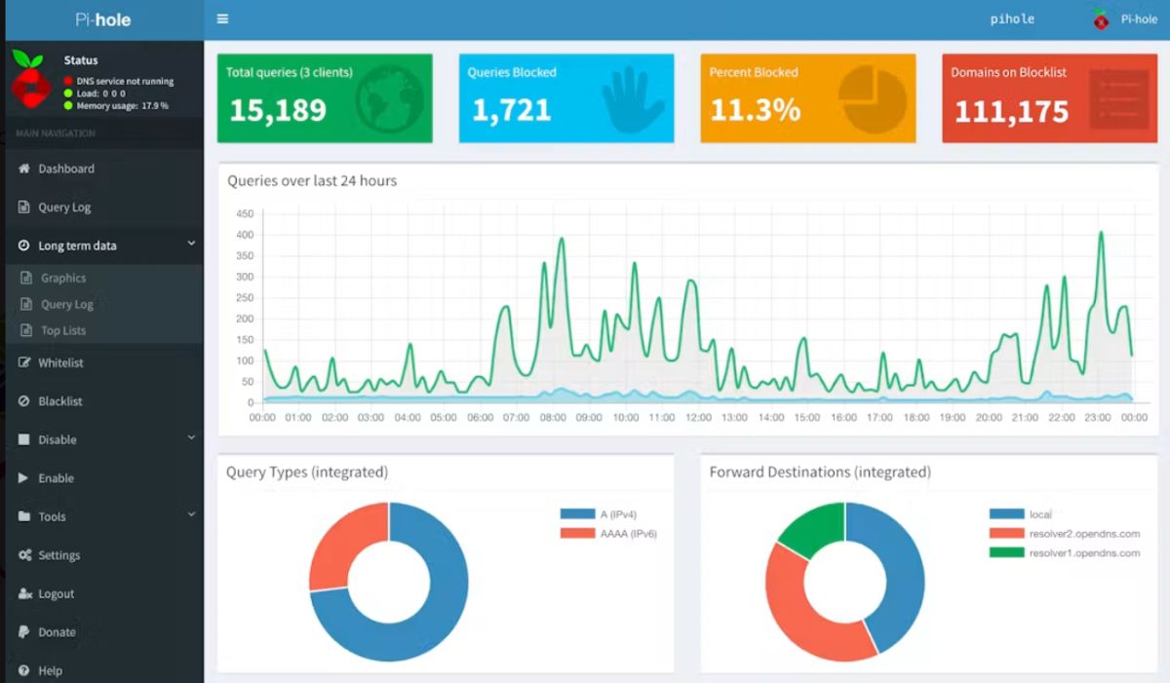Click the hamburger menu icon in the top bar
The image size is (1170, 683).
click(x=222, y=19)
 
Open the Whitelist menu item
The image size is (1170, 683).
click(x=60, y=362)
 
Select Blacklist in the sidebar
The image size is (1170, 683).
click(x=60, y=401)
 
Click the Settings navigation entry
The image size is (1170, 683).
click(x=59, y=555)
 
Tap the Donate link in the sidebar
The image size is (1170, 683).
click(x=57, y=632)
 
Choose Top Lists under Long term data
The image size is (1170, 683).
click(x=63, y=330)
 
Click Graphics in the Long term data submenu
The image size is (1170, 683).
click(x=63, y=278)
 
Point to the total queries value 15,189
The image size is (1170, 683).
click(x=278, y=110)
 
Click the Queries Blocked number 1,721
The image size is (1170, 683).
click(x=511, y=110)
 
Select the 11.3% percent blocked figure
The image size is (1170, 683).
click(x=756, y=110)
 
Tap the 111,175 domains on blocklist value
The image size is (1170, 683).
click(x=1011, y=111)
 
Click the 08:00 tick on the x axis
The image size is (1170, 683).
click(x=553, y=417)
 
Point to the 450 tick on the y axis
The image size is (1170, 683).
click(x=245, y=213)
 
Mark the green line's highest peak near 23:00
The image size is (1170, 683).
click(x=1101, y=232)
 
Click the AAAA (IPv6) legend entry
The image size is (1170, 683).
click(x=608, y=533)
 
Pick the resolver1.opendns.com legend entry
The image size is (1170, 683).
click(x=1065, y=552)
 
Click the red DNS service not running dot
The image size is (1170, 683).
click(x=68, y=81)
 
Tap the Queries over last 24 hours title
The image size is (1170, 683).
click(x=312, y=180)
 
